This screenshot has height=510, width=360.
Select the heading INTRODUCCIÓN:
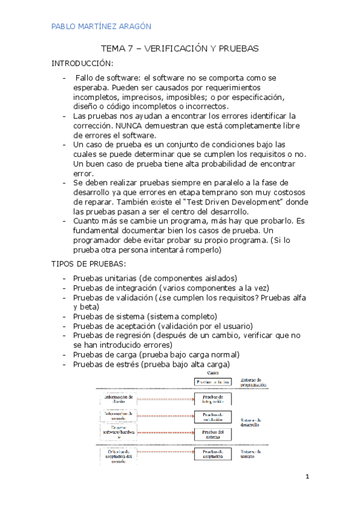click(x=82, y=63)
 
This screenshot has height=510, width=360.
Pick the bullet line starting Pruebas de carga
click(x=156, y=355)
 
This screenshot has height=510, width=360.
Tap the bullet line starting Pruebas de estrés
click(x=151, y=364)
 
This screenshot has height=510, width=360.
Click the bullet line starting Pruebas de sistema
click(x=145, y=316)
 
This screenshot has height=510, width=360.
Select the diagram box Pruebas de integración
click(x=213, y=399)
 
